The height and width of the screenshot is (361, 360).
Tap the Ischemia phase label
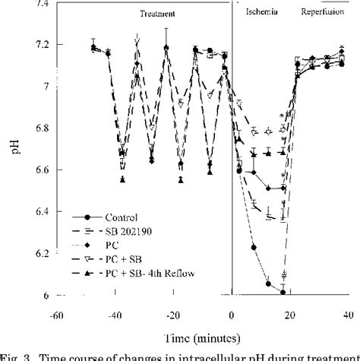pyautogui.click(x=258, y=14)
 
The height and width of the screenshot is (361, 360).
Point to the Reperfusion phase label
pyautogui.click(x=323, y=14)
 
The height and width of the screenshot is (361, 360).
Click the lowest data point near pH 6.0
pyautogui.click(x=283, y=292)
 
